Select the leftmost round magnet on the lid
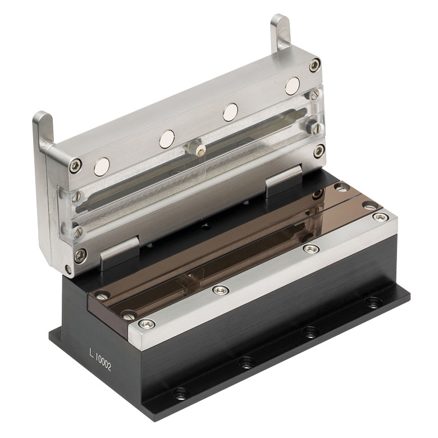coord(102,167)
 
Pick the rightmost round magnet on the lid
coord(292,86)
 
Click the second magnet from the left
coord(167,139)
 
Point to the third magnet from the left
coord(230,112)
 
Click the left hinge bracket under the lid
coord(120,253)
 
